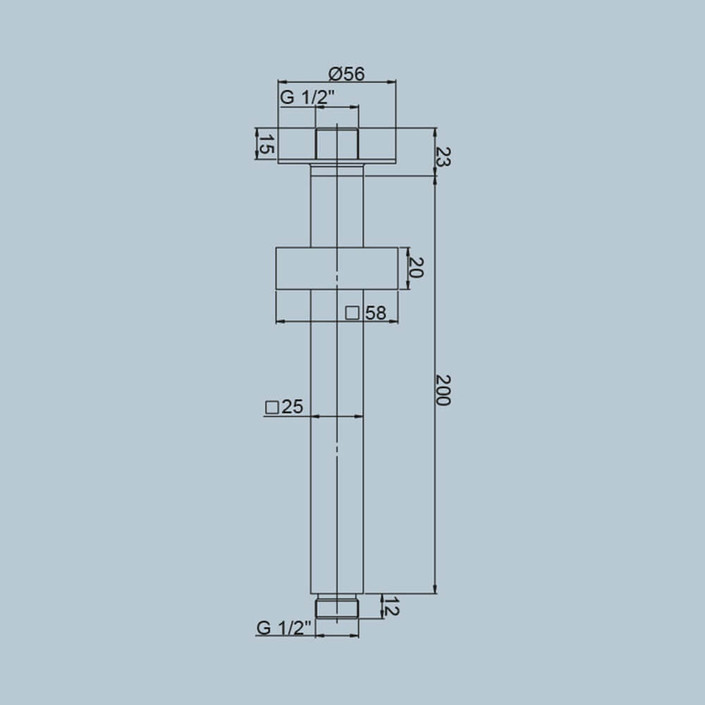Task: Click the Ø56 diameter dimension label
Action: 346,73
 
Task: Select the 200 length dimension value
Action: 443,390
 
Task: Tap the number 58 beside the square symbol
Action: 376,313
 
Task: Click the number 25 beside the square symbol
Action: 292,407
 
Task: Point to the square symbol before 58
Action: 353,313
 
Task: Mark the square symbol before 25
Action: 271,407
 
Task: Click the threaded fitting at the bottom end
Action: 337,607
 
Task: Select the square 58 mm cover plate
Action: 337,268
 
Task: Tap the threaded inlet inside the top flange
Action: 337,145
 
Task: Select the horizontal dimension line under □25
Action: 337,417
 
